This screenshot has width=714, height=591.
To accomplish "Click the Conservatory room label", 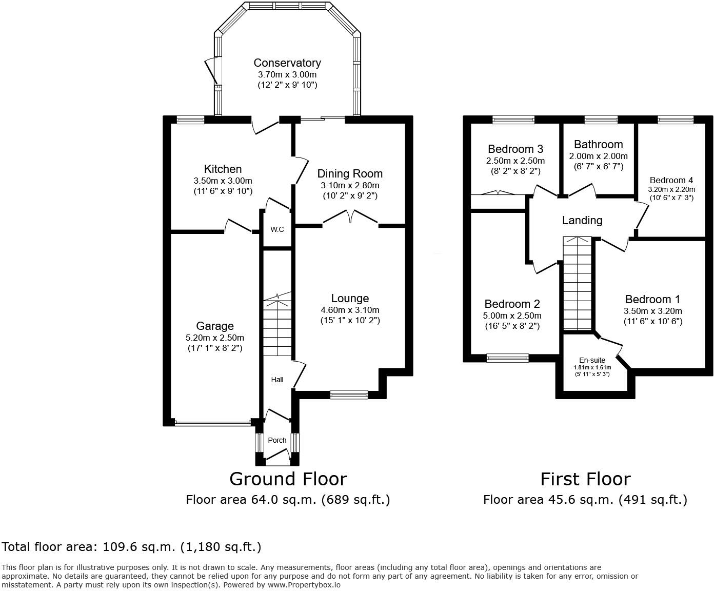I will tap(287, 63).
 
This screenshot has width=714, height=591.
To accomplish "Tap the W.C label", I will tap(277, 229).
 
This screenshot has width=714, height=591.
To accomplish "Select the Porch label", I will tap(277, 440).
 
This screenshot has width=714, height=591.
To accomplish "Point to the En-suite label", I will tap(592, 360).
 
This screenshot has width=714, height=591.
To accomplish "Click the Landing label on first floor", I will tap(582, 220).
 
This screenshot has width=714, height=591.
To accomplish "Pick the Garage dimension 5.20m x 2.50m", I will tap(215, 338).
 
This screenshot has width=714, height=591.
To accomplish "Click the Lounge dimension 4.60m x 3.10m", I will tap(350, 310).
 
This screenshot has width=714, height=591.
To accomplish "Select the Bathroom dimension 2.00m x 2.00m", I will tap(598, 156).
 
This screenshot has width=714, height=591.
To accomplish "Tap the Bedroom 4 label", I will tap(671, 180).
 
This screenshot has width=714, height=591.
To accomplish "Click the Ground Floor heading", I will tap(288, 479).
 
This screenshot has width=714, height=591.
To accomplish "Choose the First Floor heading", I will tap(585, 479).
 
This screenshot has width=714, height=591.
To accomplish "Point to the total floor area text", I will tap(132, 547).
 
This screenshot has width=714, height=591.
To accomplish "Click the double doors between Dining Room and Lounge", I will tap(350, 218).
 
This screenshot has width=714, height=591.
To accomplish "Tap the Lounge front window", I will tap(349, 395).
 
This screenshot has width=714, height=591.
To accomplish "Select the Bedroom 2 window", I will tap(507, 358).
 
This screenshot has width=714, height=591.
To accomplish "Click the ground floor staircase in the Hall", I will tap(277, 323).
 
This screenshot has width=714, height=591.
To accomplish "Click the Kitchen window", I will tap(190, 120).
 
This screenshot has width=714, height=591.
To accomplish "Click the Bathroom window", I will tap(601, 120).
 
